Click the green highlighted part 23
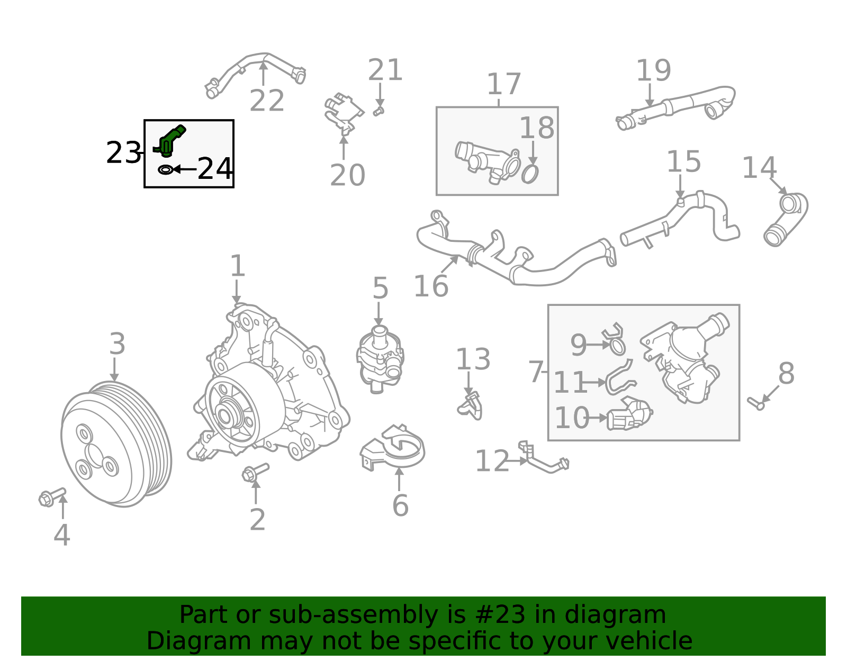tap(170, 140)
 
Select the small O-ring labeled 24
tap(165, 170)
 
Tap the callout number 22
tap(267, 101)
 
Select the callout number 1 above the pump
tap(238, 266)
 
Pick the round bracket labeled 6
tap(394, 448)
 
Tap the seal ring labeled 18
tap(530, 174)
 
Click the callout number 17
tap(503, 84)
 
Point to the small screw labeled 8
tap(755, 403)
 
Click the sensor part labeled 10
tap(629, 415)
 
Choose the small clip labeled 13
tap(470, 406)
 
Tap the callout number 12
tap(492, 461)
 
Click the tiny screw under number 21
tap(378, 111)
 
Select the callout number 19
tap(653, 70)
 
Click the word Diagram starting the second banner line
tap(177, 641)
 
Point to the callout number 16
tap(431, 286)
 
